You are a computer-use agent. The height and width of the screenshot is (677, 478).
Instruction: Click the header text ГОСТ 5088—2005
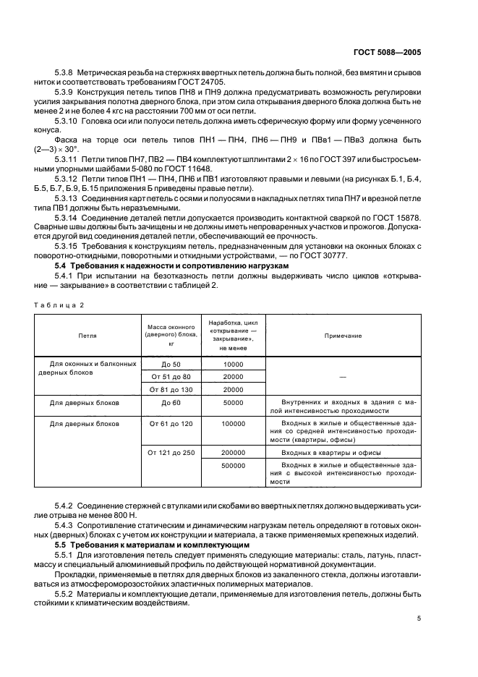click(388, 52)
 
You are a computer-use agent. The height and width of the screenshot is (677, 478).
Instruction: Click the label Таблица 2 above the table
click(60, 305)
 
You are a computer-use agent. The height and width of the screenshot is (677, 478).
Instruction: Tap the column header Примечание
click(343, 336)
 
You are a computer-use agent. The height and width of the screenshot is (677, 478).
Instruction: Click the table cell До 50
click(171, 365)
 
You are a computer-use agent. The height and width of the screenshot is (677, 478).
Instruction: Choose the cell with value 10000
click(234, 365)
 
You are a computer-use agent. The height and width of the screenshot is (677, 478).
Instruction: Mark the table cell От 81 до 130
click(171, 389)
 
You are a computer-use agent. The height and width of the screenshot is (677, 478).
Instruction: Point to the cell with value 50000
click(234, 402)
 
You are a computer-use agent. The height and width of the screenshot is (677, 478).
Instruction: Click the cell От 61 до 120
click(171, 424)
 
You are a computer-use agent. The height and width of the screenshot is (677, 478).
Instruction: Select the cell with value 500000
click(234, 466)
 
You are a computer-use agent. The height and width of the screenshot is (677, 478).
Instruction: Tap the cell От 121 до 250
click(171, 451)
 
